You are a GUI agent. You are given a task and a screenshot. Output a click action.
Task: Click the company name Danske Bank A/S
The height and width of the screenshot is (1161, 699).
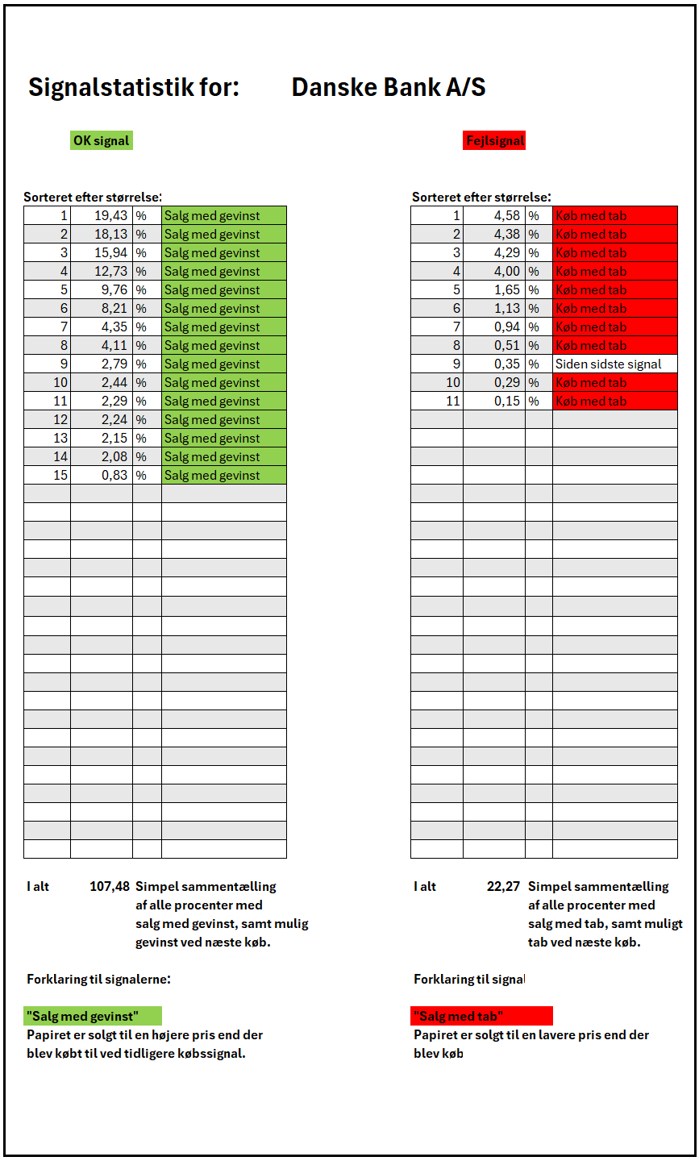pyautogui.click(x=388, y=87)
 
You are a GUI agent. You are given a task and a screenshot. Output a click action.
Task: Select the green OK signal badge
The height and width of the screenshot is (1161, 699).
pyautogui.click(x=101, y=141)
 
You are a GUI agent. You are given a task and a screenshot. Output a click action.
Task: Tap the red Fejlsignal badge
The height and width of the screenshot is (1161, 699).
pyautogui.click(x=495, y=141)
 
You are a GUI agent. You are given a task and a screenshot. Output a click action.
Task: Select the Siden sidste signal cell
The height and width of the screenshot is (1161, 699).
pyautogui.click(x=608, y=364)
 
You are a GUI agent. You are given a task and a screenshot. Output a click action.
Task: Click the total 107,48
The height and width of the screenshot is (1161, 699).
pyautogui.click(x=109, y=887)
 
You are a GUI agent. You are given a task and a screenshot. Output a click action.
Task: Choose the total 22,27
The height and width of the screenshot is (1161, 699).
pyautogui.click(x=503, y=887)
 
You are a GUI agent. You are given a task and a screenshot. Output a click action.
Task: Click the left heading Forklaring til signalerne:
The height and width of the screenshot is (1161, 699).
pyautogui.click(x=98, y=980)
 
